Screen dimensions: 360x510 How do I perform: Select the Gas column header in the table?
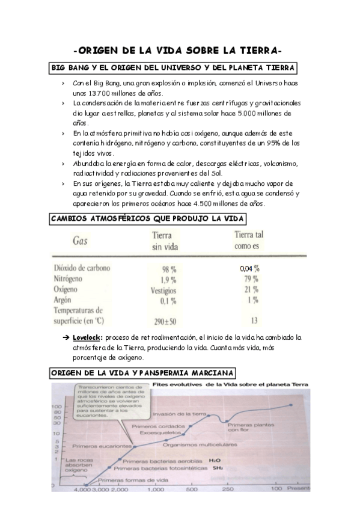83,241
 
